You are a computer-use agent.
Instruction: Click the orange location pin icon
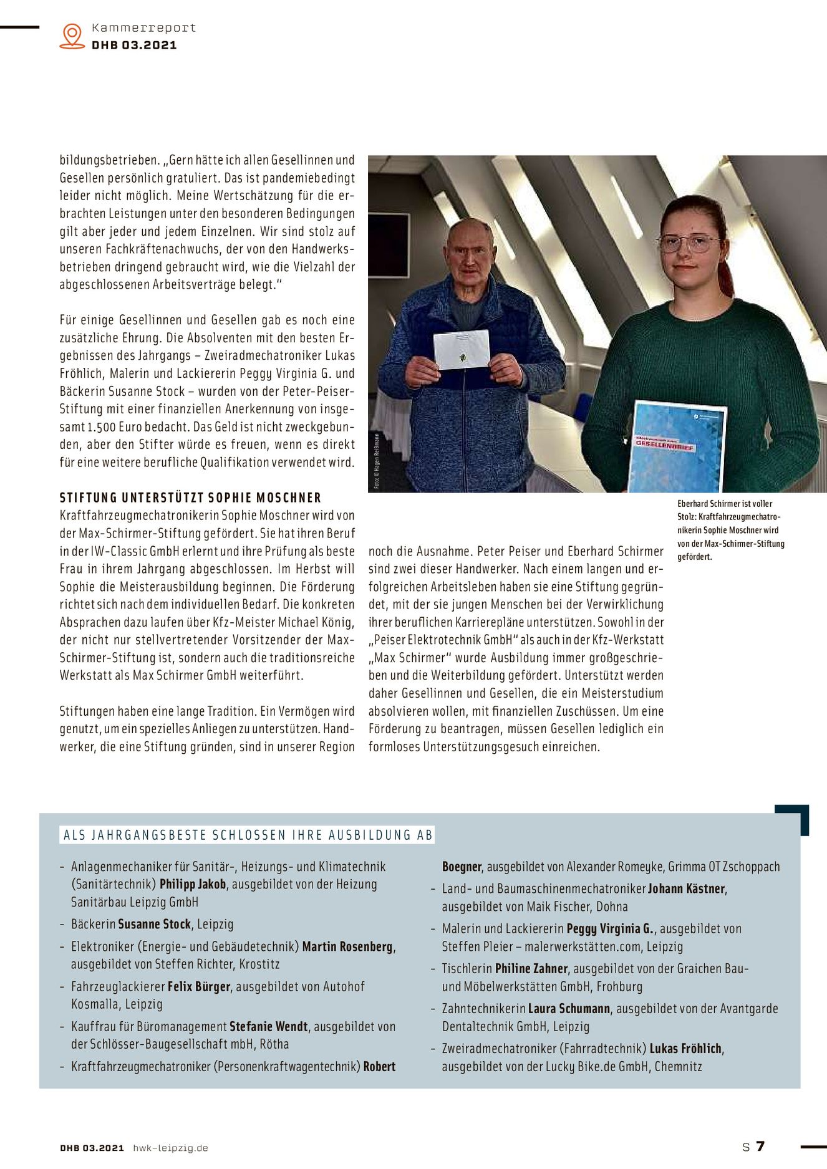(72, 36)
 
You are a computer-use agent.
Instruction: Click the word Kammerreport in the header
(143, 28)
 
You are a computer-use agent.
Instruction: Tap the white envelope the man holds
(461, 349)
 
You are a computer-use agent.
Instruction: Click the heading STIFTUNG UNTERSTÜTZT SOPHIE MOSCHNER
(190, 498)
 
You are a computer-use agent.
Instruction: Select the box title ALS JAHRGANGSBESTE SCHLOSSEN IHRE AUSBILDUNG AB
(248, 835)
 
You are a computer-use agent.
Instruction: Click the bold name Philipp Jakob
(193, 884)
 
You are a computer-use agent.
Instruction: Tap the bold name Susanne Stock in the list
(154, 924)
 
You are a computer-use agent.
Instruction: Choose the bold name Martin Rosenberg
(347, 946)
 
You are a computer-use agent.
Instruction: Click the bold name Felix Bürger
(199, 986)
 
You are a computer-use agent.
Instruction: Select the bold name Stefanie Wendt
(268, 1026)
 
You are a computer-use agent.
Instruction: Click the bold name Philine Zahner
(531, 968)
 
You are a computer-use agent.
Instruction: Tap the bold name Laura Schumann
(569, 1008)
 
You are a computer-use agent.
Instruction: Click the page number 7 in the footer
(760, 1146)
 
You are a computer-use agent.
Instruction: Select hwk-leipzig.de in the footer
(170, 1148)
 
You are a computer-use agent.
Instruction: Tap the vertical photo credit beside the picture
(377, 461)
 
